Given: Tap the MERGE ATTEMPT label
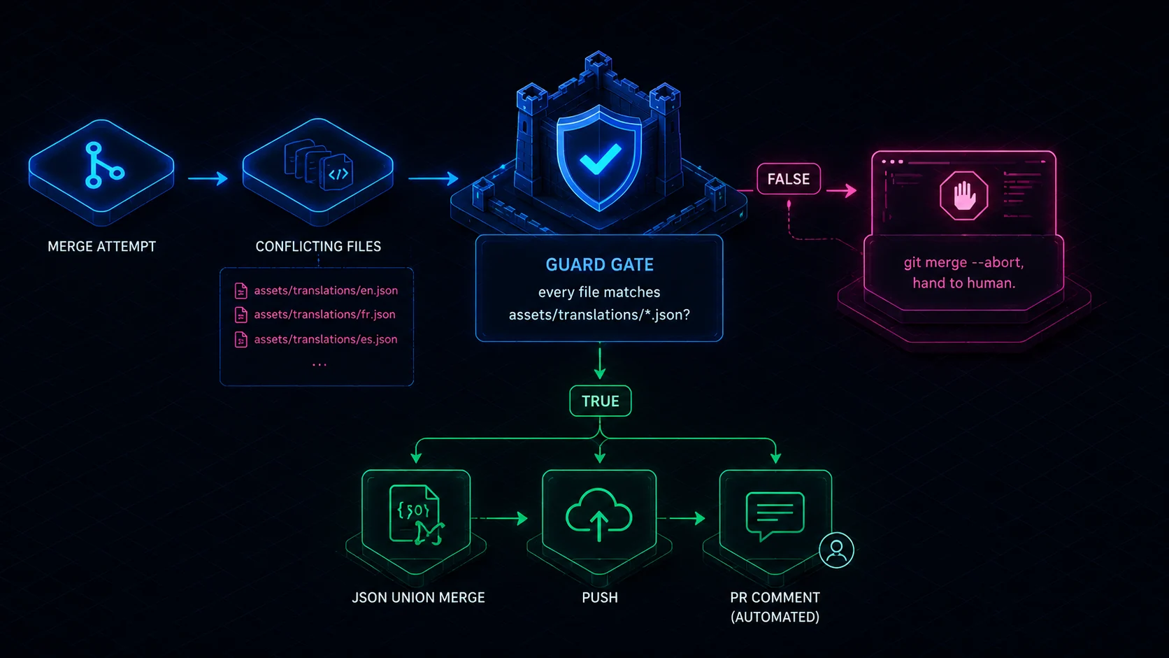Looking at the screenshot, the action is pyautogui.click(x=102, y=246).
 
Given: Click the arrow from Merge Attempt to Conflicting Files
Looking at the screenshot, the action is pyautogui.click(x=208, y=178).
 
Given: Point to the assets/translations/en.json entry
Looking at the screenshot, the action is pyautogui.click(x=326, y=290).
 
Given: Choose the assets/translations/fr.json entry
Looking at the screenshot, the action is pyautogui.click(x=324, y=314).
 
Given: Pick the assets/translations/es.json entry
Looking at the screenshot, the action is pyautogui.click(x=326, y=339).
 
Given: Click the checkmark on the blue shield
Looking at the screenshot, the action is pyautogui.click(x=600, y=159).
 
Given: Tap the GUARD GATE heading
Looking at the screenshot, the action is pyautogui.click(x=600, y=264).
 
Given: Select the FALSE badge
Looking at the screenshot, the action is pyautogui.click(x=789, y=179).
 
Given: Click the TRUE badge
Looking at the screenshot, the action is pyautogui.click(x=600, y=401).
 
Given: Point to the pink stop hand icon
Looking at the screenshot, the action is pyautogui.click(x=963, y=195).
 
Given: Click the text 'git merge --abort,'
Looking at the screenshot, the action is pyautogui.click(x=963, y=262).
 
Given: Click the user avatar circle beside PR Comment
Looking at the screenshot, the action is pyautogui.click(x=836, y=550).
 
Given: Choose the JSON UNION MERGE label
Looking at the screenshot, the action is pyautogui.click(x=418, y=597).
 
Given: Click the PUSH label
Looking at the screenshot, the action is pyautogui.click(x=600, y=597).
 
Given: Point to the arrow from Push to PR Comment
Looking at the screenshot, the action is pyautogui.click(x=681, y=518).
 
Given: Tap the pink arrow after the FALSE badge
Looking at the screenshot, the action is pyautogui.click(x=841, y=190).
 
